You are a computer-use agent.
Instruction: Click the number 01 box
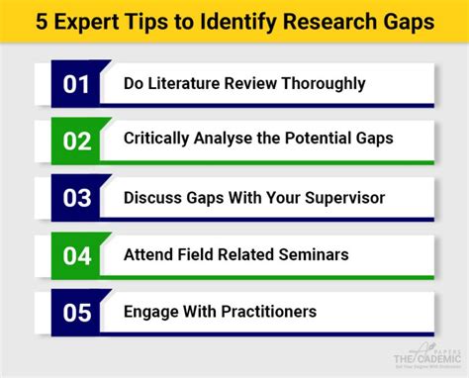pyautogui.click(x=77, y=83)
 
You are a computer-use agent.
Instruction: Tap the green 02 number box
pyautogui.click(x=77, y=140)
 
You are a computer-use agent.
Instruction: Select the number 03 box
pyautogui.click(x=77, y=197)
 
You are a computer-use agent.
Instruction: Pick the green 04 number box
pyautogui.click(x=77, y=254)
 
